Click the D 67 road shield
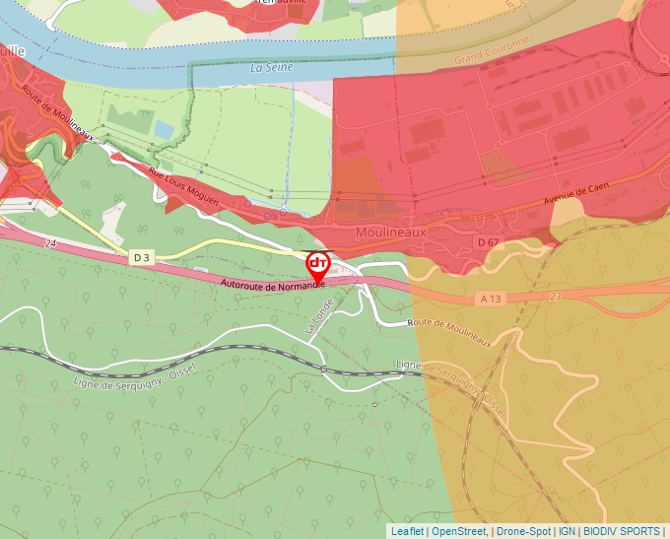488,241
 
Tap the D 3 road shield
142,257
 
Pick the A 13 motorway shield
493,298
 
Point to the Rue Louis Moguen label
183,187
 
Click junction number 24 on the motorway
49,241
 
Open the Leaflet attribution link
407,531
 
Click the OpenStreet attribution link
460,531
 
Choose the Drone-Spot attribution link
523,531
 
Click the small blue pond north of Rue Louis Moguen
164,130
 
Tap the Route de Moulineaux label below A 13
463,330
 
